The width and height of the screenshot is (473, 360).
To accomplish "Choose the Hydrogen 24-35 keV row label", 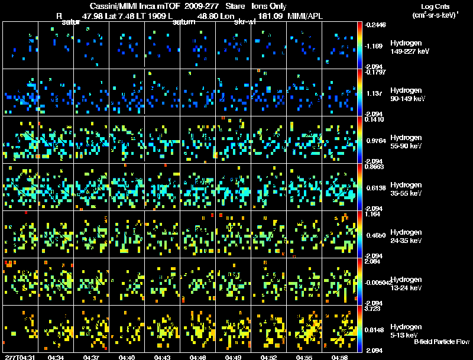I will pos(409,236).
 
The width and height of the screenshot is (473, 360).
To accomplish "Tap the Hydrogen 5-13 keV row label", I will pos(409,331).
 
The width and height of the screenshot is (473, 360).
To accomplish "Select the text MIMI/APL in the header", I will pos(304,17).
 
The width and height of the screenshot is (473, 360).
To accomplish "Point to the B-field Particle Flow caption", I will pos(441,342).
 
